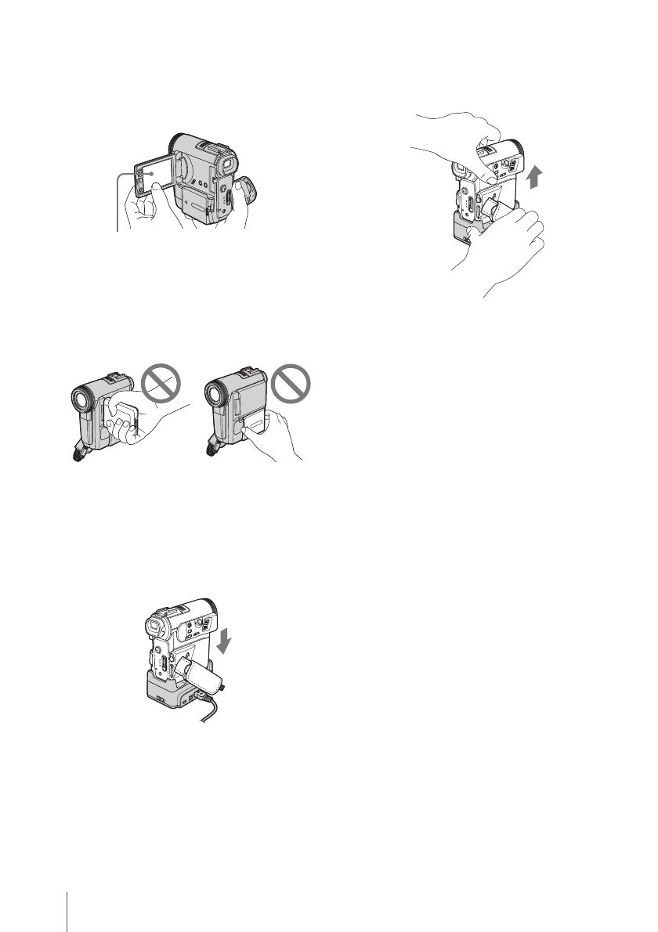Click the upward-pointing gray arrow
[534, 175]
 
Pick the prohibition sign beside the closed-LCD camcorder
[291, 385]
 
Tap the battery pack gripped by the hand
[124, 415]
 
